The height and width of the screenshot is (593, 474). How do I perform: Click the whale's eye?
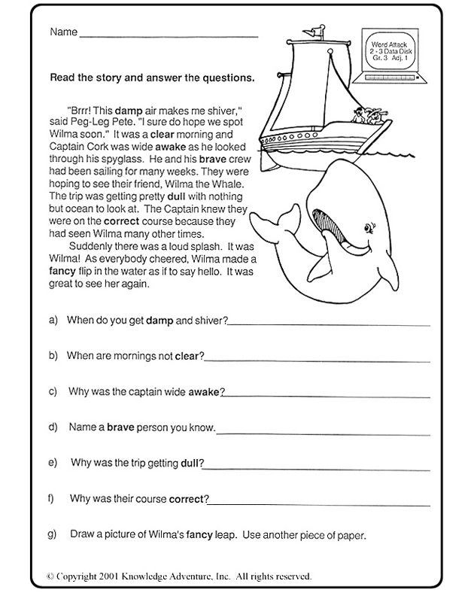(369, 226)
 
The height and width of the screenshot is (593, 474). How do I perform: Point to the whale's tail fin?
(281, 222)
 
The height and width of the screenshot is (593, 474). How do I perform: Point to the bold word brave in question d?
(120, 427)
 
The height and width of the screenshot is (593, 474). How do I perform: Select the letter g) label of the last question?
(52, 535)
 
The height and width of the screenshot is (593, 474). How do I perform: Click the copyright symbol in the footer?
(50, 576)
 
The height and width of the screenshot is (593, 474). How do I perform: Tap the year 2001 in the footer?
(108, 576)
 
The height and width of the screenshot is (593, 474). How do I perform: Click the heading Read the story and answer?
(151, 77)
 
